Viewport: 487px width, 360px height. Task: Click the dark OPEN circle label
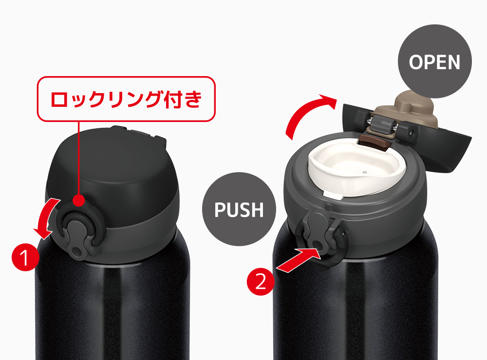pyautogui.click(x=434, y=61)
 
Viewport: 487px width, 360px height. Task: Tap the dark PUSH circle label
pyautogui.click(x=239, y=209)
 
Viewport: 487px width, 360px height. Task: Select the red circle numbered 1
pyautogui.click(x=25, y=257)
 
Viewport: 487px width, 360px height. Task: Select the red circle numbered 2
pyautogui.click(x=261, y=281)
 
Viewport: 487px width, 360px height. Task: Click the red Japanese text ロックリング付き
pyautogui.click(x=126, y=99)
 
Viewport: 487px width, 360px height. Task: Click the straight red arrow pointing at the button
pyautogui.click(x=298, y=257)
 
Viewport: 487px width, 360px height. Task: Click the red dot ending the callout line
pyautogui.click(x=79, y=200)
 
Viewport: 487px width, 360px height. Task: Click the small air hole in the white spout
pyautogui.click(x=364, y=172)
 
